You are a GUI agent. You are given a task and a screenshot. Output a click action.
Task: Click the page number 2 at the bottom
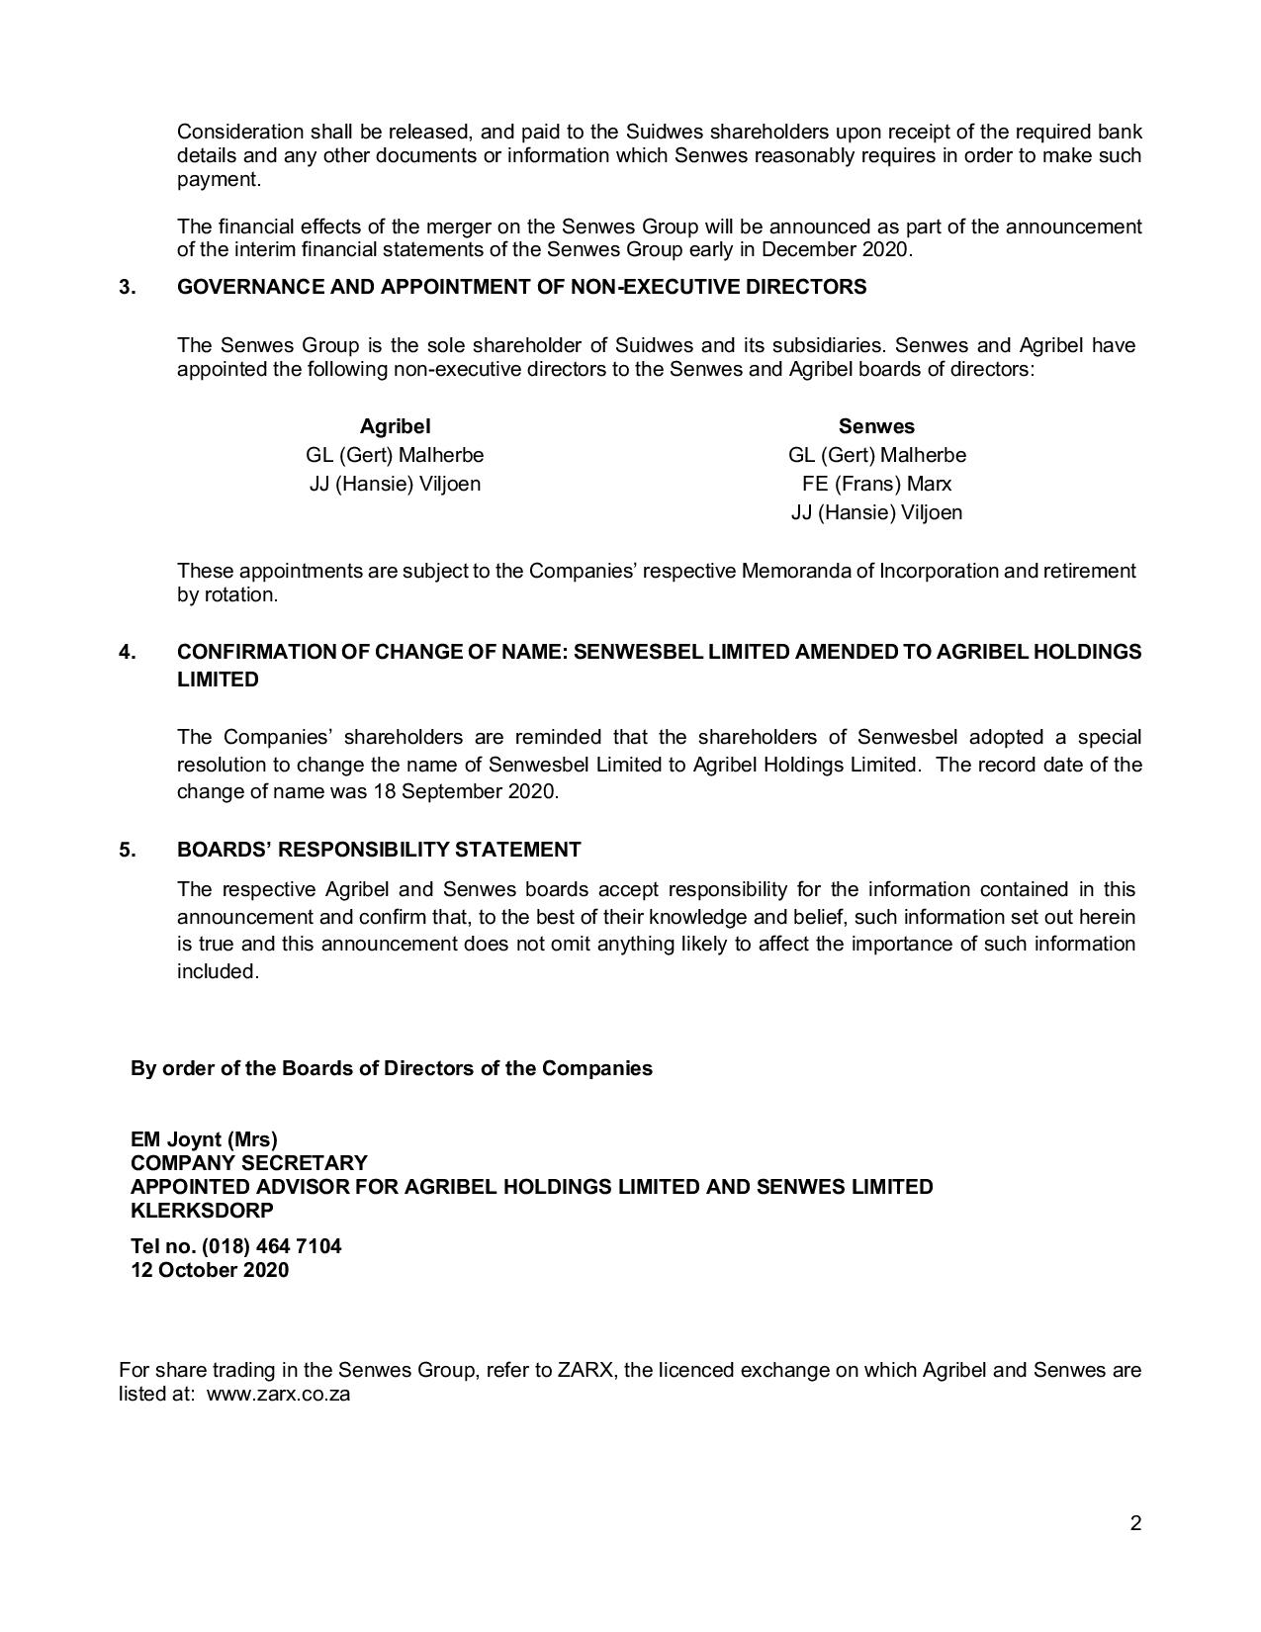click(x=1135, y=1522)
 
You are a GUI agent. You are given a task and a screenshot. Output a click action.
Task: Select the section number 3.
click(x=128, y=287)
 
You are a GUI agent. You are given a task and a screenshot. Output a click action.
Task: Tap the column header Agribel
click(x=395, y=426)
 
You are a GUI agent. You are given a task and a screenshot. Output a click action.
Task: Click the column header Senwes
click(x=876, y=426)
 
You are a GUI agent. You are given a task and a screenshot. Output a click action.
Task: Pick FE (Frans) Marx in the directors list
click(x=876, y=484)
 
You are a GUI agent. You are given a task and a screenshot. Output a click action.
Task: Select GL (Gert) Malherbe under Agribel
click(x=395, y=455)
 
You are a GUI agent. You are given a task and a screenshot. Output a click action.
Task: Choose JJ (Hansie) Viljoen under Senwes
click(x=876, y=512)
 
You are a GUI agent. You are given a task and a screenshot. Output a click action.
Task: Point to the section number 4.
click(x=128, y=652)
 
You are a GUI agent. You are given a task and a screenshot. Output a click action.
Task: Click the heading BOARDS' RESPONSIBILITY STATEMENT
click(x=379, y=850)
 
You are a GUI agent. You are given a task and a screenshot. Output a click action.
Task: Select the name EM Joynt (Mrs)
click(x=204, y=1139)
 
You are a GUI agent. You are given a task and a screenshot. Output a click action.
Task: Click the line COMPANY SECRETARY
click(x=248, y=1163)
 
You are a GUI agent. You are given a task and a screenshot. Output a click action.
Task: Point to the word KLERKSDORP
click(x=202, y=1211)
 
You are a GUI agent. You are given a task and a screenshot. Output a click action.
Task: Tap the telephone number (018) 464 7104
click(x=271, y=1246)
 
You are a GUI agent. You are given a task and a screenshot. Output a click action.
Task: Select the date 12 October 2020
click(x=210, y=1270)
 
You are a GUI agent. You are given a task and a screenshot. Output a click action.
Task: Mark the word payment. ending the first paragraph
click(x=219, y=180)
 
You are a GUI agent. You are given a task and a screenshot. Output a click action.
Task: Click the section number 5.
click(x=128, y=850)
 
